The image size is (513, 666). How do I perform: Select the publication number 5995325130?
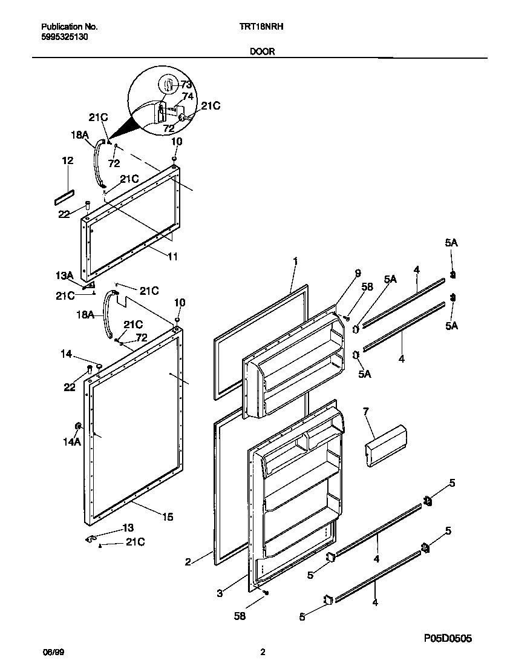click(65, 37)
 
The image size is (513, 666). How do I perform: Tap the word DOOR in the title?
click(262, 52)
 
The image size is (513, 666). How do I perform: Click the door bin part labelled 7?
click(385, 446)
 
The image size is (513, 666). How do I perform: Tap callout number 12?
click(67, 160)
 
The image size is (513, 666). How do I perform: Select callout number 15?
click(168, 516)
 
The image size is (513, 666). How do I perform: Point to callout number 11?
click(172, 257)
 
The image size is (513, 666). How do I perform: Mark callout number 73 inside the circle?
click(186, 84)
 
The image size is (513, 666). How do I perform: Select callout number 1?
click(295, 261)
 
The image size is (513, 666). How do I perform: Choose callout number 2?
click(188, 562)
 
